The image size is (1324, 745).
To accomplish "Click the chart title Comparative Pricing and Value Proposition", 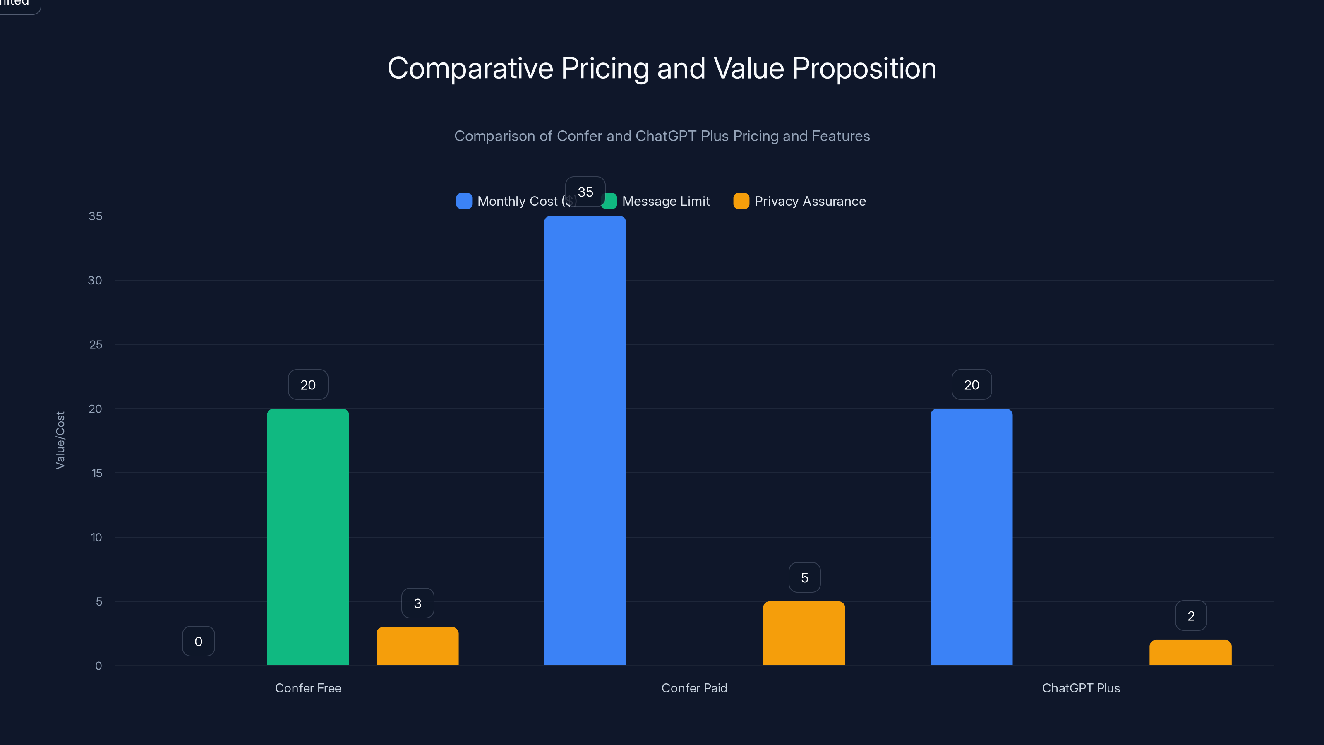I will (662, 68).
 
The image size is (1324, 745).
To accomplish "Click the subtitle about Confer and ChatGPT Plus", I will (662, 136).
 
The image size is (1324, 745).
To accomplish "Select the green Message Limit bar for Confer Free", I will (308, 537).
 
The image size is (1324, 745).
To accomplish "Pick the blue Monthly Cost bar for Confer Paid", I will (585, 441).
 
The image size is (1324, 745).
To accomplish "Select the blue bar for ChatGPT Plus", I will (971, 537).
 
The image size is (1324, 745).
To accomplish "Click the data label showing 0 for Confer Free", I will (199, 641).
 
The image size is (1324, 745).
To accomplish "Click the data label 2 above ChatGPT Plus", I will (1190, 615).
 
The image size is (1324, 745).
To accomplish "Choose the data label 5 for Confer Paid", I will (804, 577).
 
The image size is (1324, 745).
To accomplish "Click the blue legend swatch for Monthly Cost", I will (463, 201).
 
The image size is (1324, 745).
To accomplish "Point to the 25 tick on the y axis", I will (96, 344).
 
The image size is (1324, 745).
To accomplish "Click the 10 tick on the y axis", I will (96, 537).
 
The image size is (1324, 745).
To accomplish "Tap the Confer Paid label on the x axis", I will (694, 688).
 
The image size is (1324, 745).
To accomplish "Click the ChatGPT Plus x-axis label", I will (1080, 688).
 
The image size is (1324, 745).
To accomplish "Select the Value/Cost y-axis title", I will (60, 440).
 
